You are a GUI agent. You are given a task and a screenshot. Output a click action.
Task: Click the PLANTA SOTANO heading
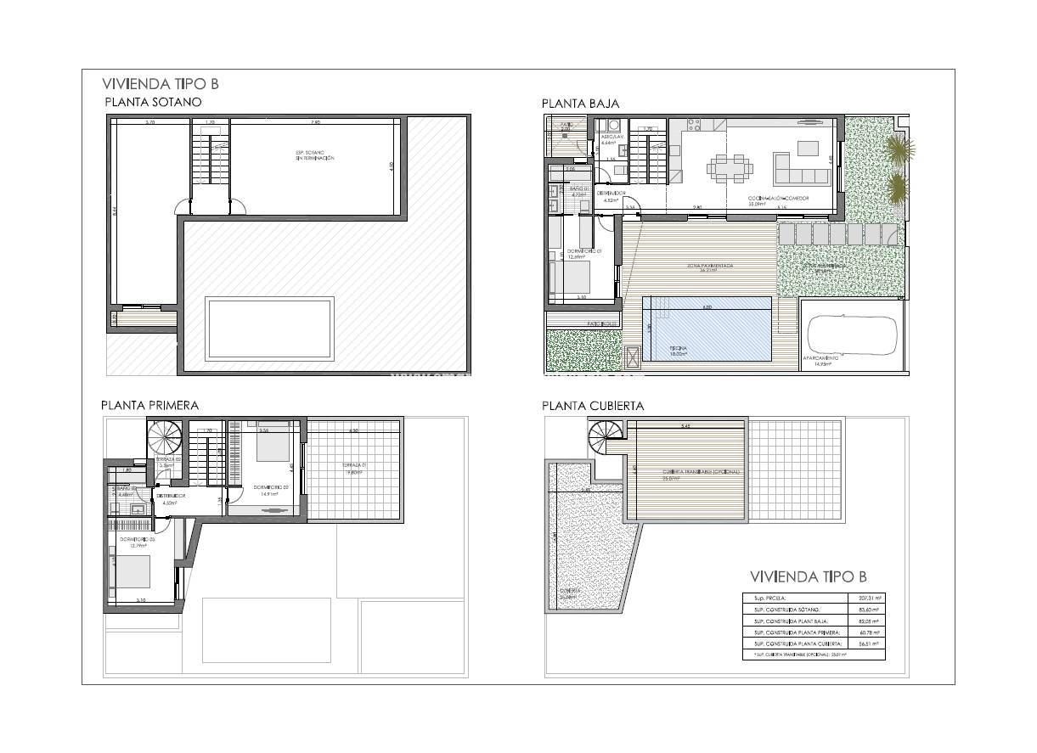[x=153, y=102]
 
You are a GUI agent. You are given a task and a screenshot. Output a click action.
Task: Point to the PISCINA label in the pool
[x=678, y=349]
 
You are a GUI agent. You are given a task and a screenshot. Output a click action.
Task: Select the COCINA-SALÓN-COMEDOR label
[x=778, y=199]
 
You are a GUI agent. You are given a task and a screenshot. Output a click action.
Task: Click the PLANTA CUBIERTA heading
[x=593, y=406]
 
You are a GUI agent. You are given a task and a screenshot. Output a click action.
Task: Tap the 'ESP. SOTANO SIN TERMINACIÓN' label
[x=310, y=155]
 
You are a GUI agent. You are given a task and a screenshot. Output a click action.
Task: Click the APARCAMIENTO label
[x=821, y=359]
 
